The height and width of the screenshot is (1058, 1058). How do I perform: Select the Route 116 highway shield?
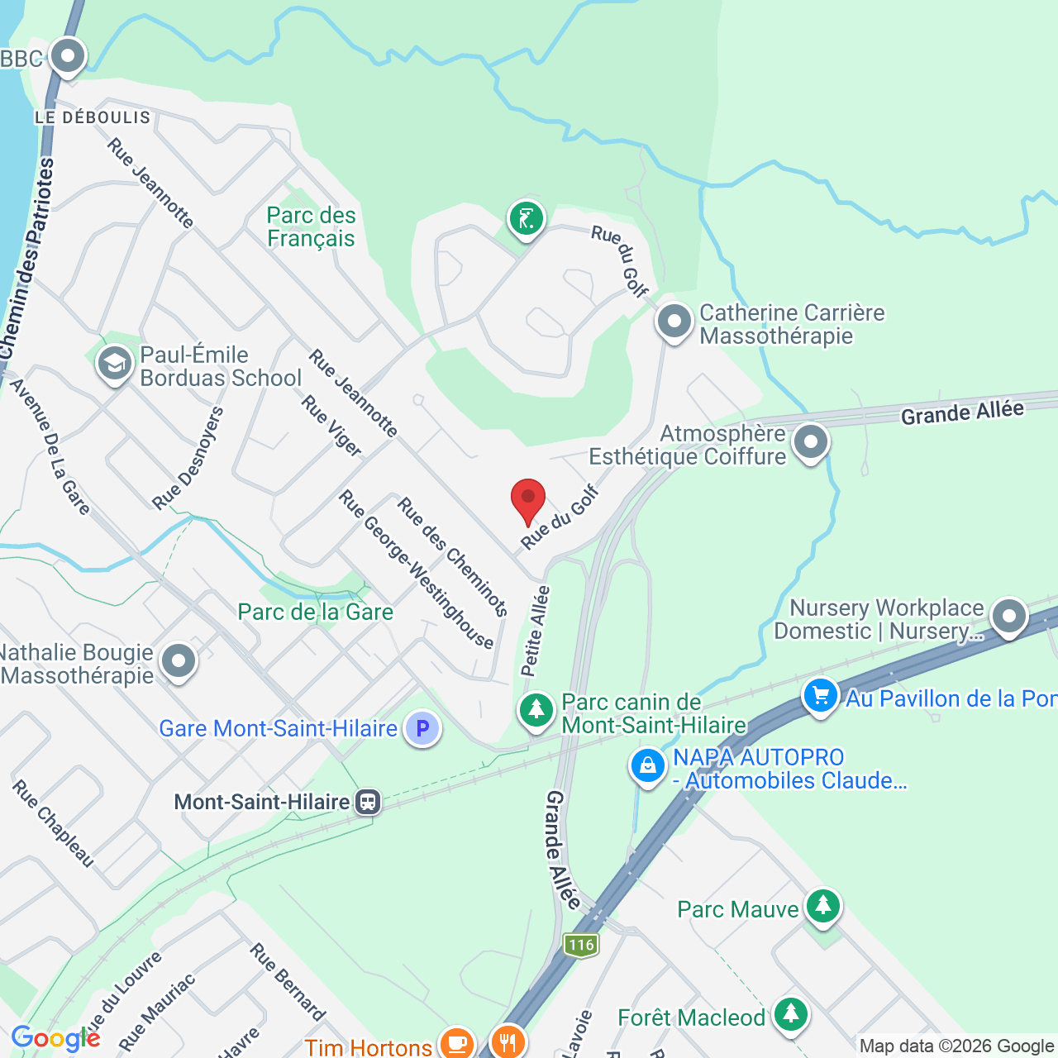pos(581,945)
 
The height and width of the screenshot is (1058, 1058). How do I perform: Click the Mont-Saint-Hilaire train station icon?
pos(368,802)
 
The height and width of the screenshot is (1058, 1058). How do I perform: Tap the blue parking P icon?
pos(422,729)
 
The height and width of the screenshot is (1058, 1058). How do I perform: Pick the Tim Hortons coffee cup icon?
pos(455,1043)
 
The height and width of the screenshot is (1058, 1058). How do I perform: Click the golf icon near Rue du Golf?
pos(527,220)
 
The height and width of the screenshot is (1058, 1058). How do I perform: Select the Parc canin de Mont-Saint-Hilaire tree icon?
pos(536,710)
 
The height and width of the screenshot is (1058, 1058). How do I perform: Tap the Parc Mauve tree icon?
pos(822,907)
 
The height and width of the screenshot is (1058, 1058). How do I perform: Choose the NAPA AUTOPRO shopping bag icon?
pos(648,766)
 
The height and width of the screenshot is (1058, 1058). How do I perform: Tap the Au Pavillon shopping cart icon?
pos(821,696)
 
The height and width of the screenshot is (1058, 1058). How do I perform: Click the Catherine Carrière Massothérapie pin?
pos(674,322)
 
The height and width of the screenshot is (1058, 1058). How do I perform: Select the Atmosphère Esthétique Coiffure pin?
pos(811,442)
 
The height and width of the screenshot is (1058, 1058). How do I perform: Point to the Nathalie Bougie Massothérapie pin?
pos(179,661)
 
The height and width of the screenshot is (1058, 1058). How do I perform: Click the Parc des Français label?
pos(311,227)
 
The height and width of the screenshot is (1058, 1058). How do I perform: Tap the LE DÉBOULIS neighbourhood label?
pos(93,117)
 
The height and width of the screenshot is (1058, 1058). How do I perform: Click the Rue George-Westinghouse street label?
pos(416,570)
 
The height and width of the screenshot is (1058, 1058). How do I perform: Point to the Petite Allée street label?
pos(535,631)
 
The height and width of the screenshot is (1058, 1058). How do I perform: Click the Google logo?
pos(55,1038)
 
